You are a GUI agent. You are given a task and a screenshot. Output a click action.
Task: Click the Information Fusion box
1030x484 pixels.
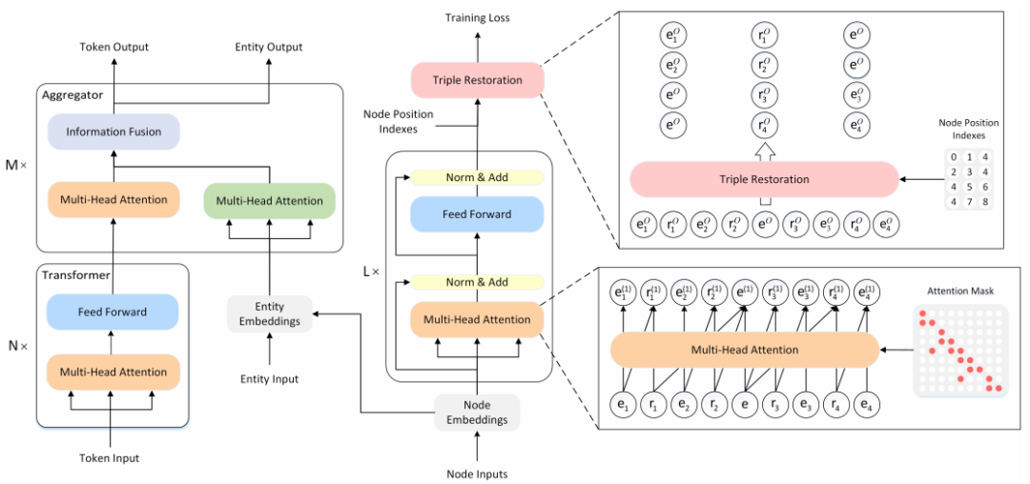(114, 131)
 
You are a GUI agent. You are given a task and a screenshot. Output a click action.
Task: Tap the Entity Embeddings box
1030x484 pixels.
(270, 313)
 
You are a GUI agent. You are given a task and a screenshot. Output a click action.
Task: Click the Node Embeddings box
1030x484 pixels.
(477, 412)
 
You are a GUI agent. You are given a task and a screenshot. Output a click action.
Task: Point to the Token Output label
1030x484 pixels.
(113, 47)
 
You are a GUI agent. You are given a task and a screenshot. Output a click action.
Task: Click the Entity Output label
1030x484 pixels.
(269, 47)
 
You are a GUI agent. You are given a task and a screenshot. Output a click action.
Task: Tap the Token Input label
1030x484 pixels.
(109, 458)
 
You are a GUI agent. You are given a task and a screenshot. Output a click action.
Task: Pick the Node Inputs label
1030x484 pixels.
(477, 473)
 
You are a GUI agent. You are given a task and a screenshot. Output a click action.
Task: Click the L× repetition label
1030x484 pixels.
(371, 271)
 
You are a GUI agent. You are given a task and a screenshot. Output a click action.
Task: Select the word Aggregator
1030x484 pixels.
(72, 94)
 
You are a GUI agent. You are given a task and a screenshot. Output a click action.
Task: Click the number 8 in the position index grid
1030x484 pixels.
(985, 202)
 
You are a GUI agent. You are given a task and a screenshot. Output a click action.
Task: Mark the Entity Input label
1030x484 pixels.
(270, 379)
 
